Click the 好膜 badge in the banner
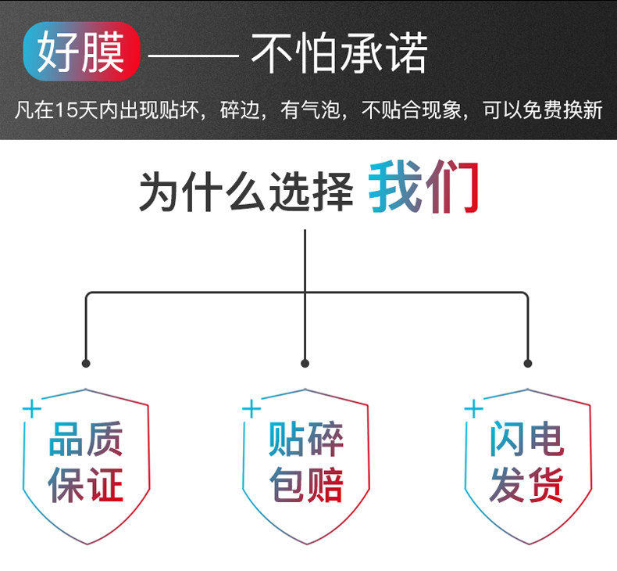point(81,56)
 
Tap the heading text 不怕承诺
point(339,55)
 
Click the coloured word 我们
point(423,189)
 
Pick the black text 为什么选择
point(246,191)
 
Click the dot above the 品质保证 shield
point(86,364)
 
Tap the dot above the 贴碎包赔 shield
point(305,364)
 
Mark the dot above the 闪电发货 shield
point(527,364)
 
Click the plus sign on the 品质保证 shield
point(30,408)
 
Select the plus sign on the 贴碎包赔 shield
point(251,408)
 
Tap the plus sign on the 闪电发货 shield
point(473,408)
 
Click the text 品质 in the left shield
point(86,440)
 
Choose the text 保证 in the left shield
point(86,486)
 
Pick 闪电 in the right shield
point(526,440)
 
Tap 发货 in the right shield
point(526,486)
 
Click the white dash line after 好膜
point(193,56)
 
